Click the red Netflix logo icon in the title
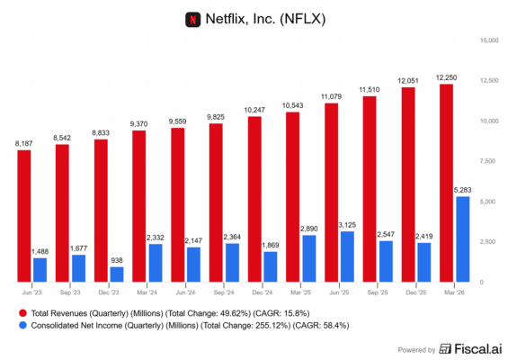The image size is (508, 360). [192, 18]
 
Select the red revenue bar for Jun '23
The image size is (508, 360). [24, 216]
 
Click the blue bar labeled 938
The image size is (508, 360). [117, 274]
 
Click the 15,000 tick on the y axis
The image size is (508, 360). [488, 40]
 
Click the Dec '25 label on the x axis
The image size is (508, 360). [416, 292]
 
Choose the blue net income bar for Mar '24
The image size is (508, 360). [156, 263]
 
